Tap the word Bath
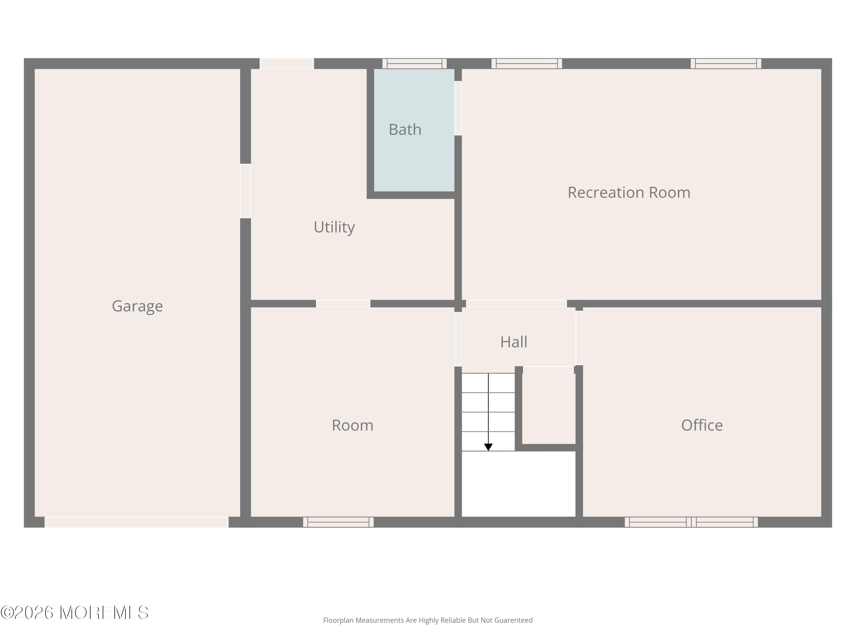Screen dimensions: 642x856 [405, 130]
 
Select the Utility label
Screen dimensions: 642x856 [334, 227]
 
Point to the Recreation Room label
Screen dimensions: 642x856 [629, 192]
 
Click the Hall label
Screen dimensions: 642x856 [514, 342]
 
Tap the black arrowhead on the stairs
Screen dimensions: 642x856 [488, 447]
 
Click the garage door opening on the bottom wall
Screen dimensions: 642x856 [137, 522]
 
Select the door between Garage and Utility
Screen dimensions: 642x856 [245, 191]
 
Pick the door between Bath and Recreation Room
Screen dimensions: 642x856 [458, 108]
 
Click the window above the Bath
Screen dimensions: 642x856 [415, 63]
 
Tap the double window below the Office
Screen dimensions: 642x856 [691, 522]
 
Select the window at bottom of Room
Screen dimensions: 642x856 [338, 522]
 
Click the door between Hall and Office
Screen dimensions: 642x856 [579, 338]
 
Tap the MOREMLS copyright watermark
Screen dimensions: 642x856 [74, 613]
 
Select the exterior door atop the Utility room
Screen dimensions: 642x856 [286, 63]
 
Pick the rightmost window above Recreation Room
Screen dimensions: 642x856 [726, 63]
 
